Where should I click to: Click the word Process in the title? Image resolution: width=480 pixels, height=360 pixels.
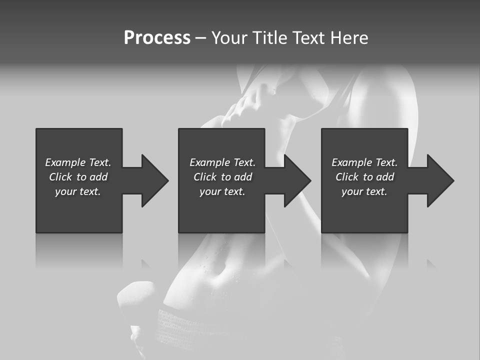(x=157, y=38)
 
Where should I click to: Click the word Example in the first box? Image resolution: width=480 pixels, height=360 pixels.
(x=65, y=162)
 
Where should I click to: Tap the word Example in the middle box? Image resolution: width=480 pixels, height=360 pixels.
(x=209, y=162)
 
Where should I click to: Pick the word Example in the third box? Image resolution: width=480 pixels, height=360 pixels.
(x=351, y=162)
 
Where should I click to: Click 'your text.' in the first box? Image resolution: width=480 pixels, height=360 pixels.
(x=78, y=191)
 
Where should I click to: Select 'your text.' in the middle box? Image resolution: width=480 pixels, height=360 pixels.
(x=222, y=191)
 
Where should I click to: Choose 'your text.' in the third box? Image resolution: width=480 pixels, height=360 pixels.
(x=364, y=191)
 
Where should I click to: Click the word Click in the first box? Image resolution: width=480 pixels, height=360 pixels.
(x=60, y=177)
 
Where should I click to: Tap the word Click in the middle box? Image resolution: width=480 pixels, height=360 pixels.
(x=205, y=177)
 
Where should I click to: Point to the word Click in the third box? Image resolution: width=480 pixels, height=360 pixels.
(x=347, y=177)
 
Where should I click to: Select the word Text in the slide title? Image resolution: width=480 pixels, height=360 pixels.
(x=309, y=38)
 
